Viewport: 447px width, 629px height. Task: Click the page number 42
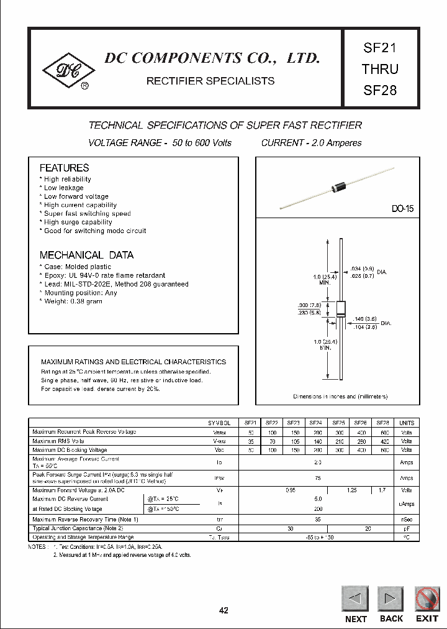coord(223,610)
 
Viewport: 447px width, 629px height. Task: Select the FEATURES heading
coord(64,168)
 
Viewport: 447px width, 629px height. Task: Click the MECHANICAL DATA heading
coord(86,255)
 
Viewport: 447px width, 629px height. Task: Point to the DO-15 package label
coord(402,209)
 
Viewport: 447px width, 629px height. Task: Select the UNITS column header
coord(406,423)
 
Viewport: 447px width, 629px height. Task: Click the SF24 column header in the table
coord(315,423)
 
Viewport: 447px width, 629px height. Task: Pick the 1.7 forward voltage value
coord(383,490)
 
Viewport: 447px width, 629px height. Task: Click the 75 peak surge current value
coord(317,478)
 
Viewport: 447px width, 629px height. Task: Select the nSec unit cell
coord(406,519)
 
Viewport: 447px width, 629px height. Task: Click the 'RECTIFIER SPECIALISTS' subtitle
coord(210,81)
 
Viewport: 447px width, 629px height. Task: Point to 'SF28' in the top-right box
coord(380,90)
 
